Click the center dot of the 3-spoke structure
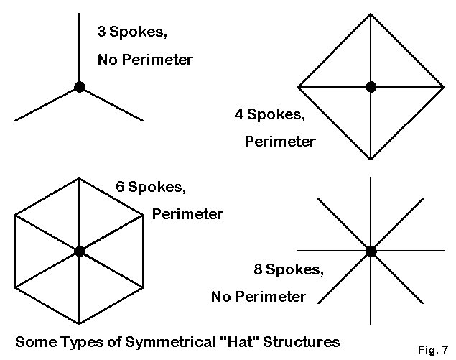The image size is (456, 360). pyautogui.click(x=79, y=87)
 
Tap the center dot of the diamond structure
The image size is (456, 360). pyautogui.click(x=371, y=87)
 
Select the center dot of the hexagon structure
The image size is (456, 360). pyautogui.click(x=79, y=251)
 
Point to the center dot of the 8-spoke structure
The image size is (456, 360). pyautogui.click(x=371, y=251)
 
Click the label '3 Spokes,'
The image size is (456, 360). pyautogui.click(x=131, y=32)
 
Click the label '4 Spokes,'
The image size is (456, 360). pyautogui.click(x=269, y=113)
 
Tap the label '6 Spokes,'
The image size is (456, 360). pyautogui.click(x=151, y=188)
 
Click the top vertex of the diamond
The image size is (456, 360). pyautogui.click(x=371, y=14)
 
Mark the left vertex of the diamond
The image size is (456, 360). pyautogui.click(x=298, y=87)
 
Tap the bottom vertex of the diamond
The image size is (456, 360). pyautogui.click(x=371, y=160)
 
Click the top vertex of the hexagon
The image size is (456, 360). pyautogui.click(x=79, y=177)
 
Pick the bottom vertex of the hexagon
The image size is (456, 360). pyautogui.click(x=79, y=324)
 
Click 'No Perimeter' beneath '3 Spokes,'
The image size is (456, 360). pyautogui.click(x=145, y=60)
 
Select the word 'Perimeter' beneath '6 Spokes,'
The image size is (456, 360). pyautogui.click(x=187, y=214)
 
